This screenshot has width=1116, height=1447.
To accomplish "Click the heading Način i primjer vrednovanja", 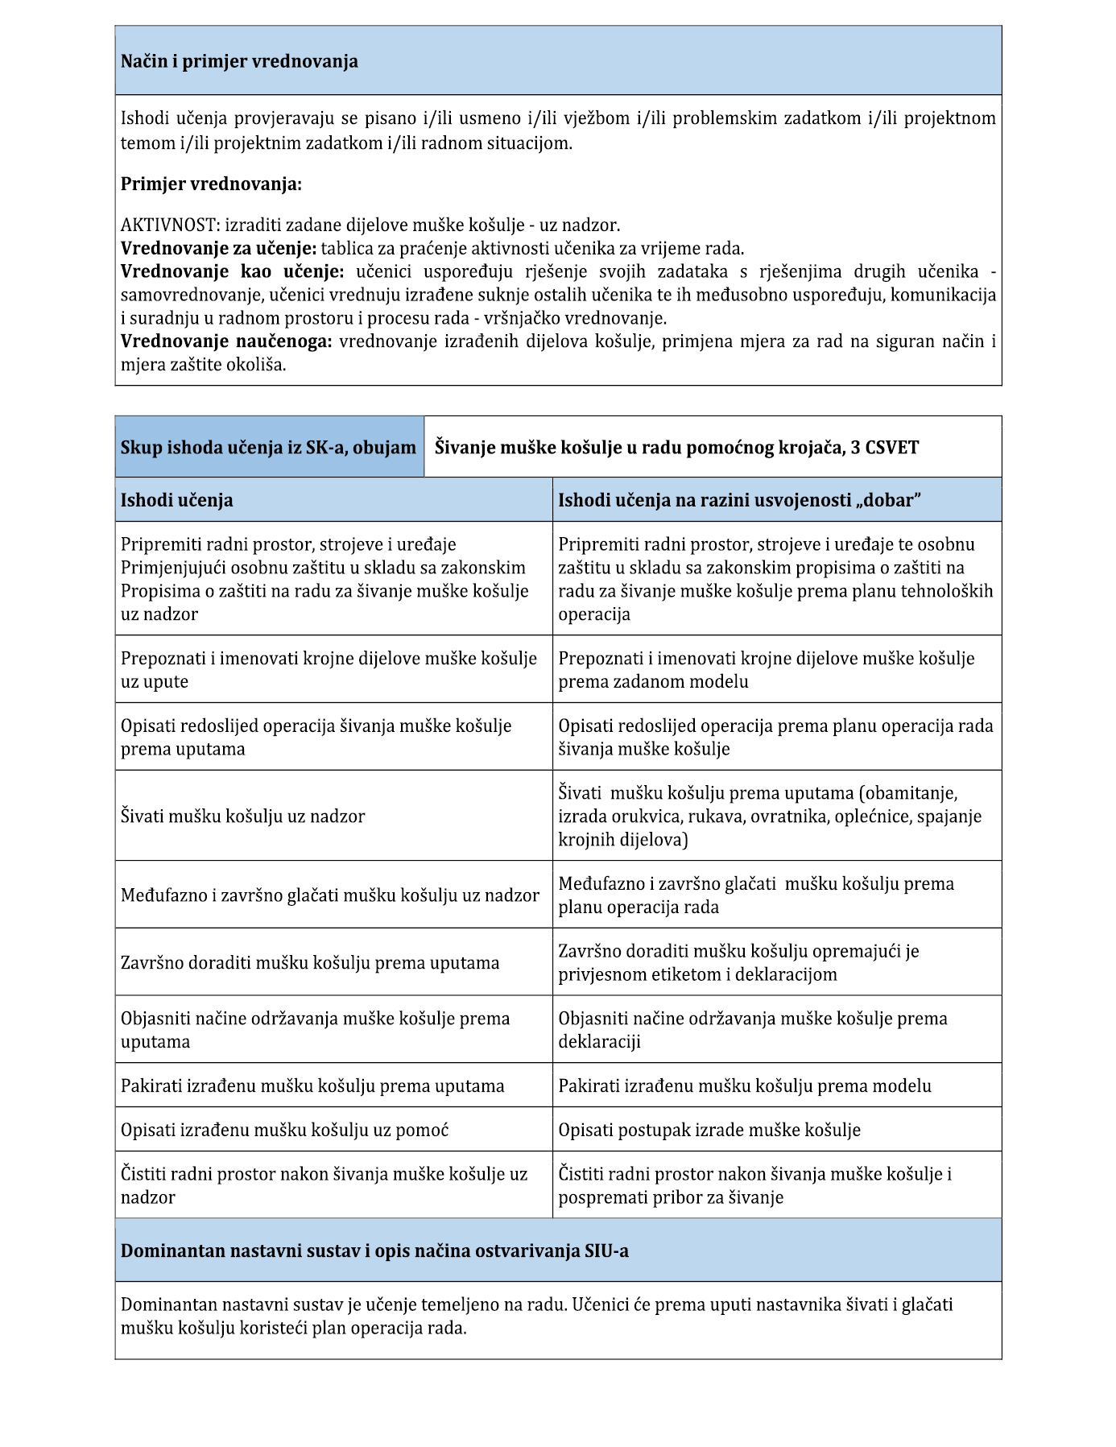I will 239,62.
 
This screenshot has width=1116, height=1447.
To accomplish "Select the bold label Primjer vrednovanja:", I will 211,184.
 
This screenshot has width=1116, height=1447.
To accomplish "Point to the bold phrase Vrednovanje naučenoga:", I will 226,341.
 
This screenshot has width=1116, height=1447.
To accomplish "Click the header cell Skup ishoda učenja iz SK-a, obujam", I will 268,448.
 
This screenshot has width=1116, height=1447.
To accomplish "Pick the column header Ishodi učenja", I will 177,500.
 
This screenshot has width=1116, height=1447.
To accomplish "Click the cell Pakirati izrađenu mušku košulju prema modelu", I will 745,1086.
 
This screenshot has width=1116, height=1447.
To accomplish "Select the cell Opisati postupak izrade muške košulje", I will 709,1131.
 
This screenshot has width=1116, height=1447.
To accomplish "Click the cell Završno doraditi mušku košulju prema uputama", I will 310,963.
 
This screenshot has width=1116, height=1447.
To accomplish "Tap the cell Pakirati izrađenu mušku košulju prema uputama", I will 312,1086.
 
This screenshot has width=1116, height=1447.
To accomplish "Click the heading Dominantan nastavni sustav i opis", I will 374,1251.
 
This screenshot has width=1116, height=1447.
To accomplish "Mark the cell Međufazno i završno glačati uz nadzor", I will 330,895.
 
